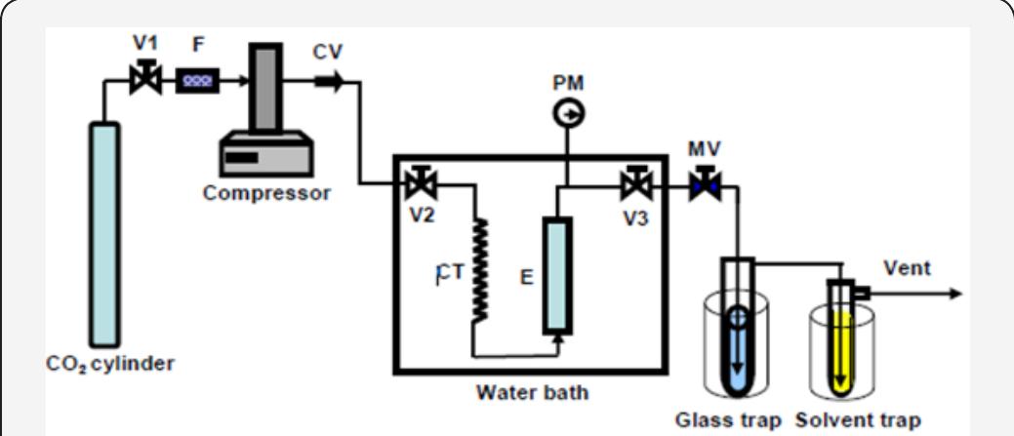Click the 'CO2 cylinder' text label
point(110,364)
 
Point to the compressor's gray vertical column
point(263,88)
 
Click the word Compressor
point(266,192)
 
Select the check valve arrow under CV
point(329,83)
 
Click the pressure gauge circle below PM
point(565,114)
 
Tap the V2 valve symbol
point(423,182)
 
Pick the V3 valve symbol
point(636,182)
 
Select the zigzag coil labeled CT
point(479,270)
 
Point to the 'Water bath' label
point(532,394)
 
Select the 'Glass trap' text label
point(728,420)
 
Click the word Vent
point(907,268)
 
